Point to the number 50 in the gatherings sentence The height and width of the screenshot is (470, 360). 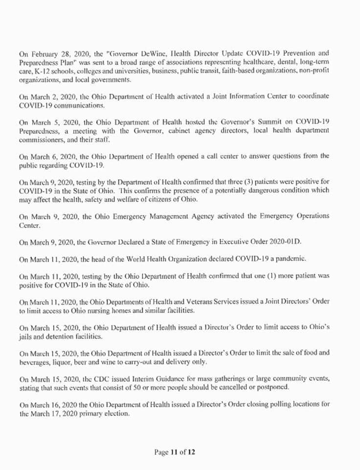pos(128,388)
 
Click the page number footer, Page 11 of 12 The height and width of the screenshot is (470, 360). pos(175,452)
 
